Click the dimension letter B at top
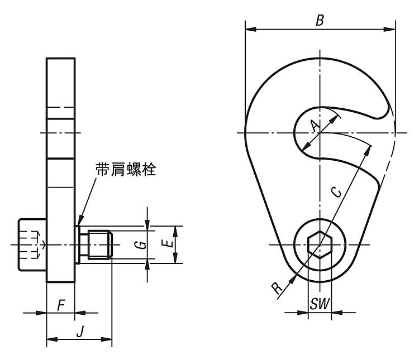320,20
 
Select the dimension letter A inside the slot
315,126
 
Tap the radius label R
277,288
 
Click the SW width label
320,304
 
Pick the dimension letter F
61,305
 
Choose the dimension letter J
80,332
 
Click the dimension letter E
168,244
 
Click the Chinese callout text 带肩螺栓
126,169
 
